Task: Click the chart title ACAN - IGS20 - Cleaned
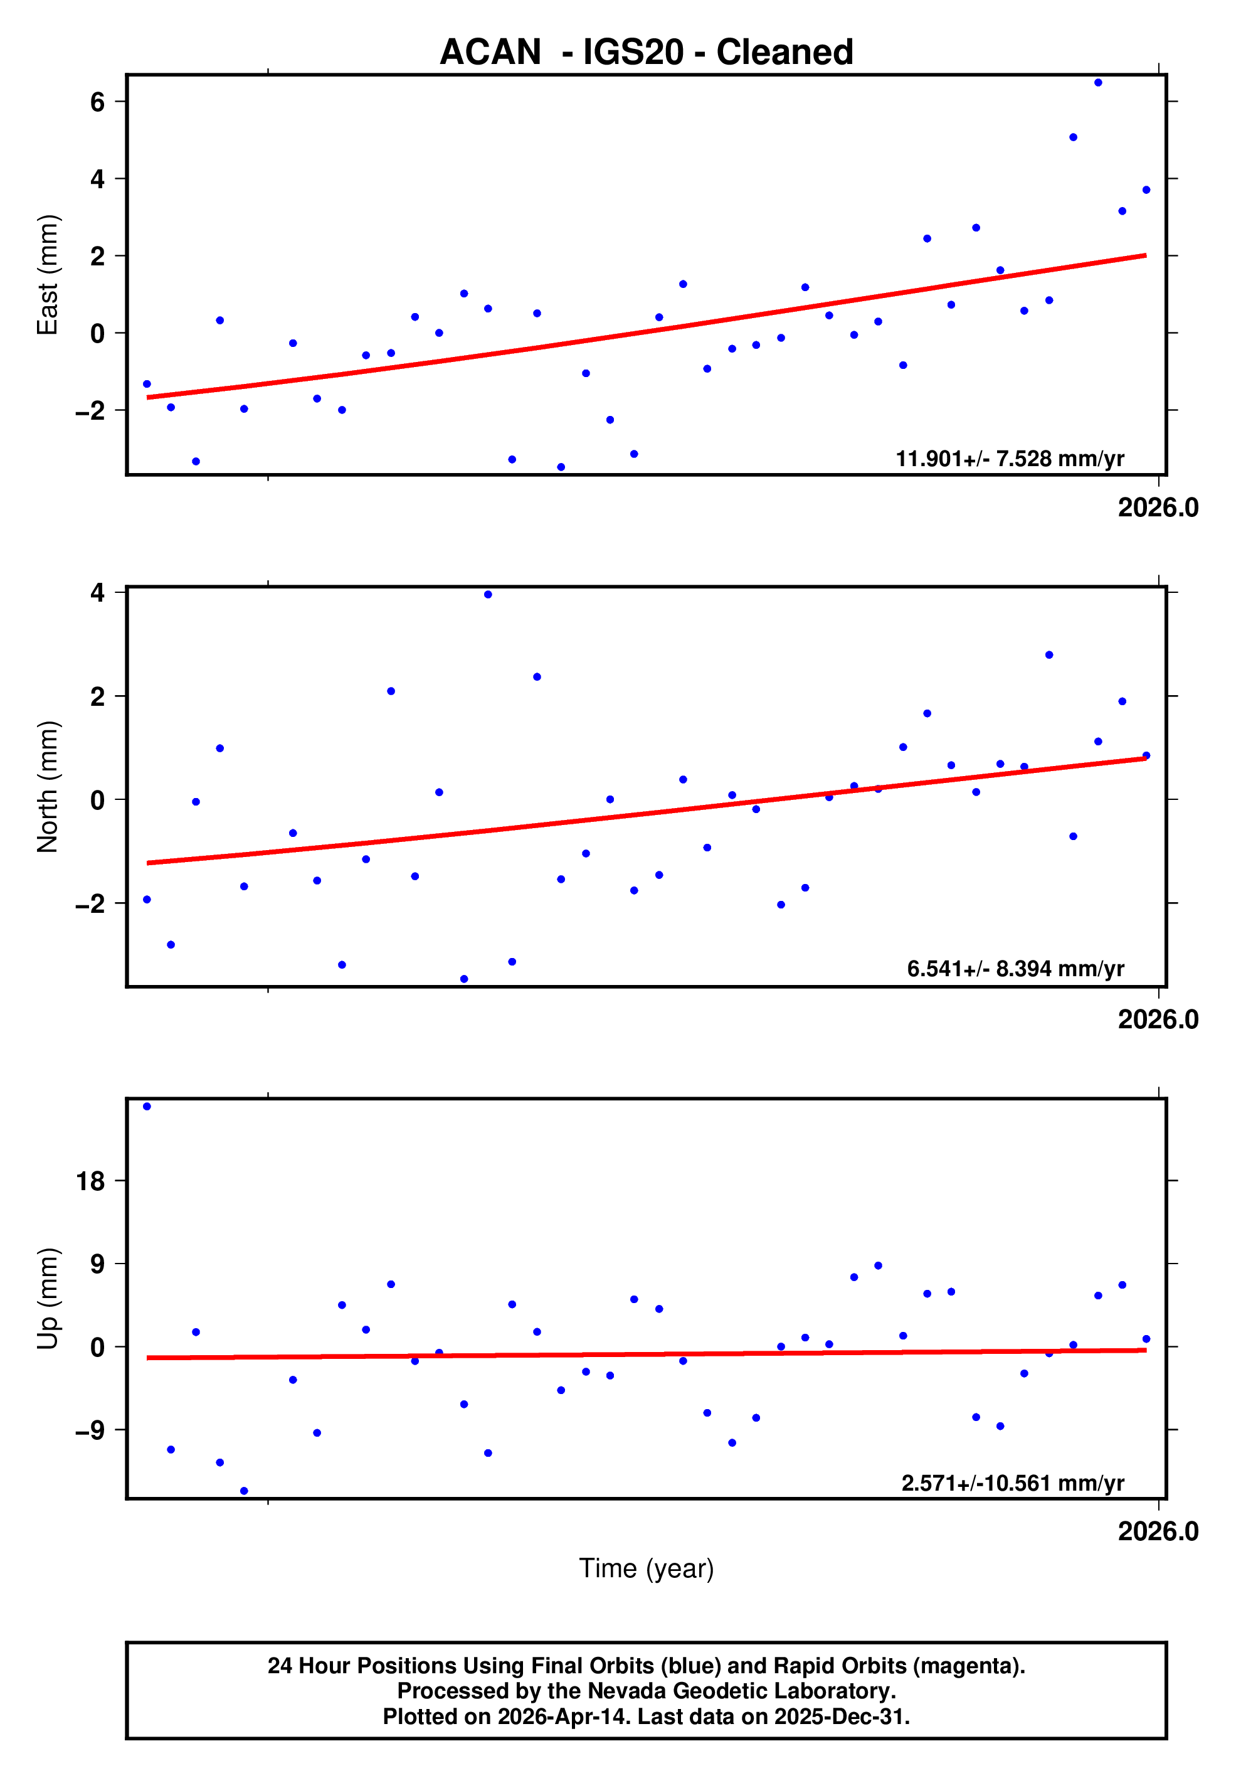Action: click(x=647, y=53)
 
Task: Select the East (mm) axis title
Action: click(x=48, y=275)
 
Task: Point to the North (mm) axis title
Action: click(x=48, y=787)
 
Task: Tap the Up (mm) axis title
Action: click(x=48, y=1299)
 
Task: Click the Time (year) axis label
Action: click(x=647, y=1568)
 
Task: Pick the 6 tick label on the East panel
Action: click(x=97, y=102)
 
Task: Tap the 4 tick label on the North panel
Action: click(x=97, y=593)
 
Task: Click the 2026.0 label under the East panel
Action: click(x=1158, y=508)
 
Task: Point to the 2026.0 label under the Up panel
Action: click(x=1158, y=1531)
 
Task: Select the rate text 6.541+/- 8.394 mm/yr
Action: click(x=1015, y=969)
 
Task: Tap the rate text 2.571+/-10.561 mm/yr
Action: click(x=1012, y=1483)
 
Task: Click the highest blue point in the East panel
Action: click(x=1097, y=83)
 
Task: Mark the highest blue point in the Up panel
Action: click(x=147, y=1107)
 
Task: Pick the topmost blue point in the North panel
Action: click(x=488, y=595)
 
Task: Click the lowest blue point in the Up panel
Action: click(x=244, y=1491)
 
